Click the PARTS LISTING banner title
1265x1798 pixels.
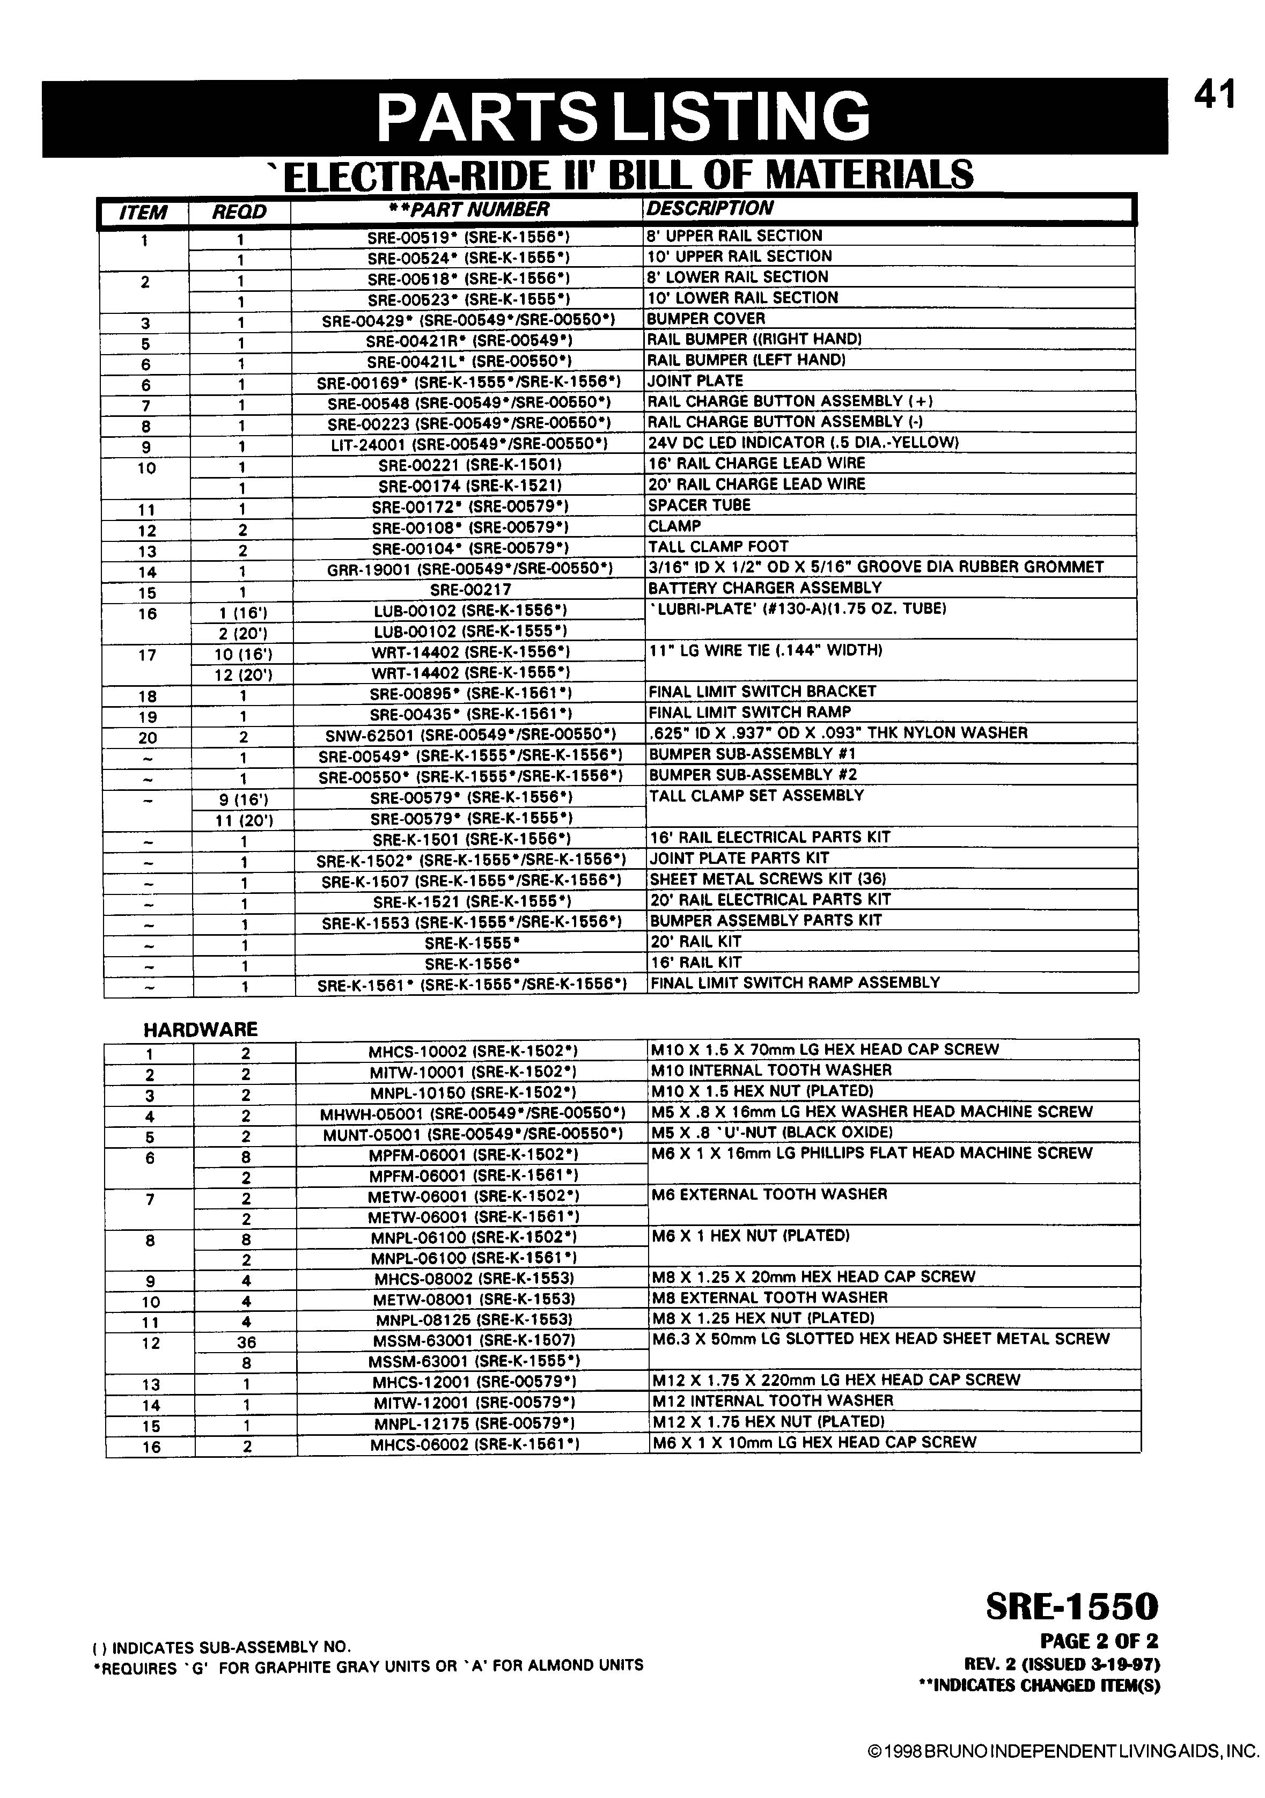(623, 116)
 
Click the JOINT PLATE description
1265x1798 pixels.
(694, 380)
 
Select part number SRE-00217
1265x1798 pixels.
(467, 589)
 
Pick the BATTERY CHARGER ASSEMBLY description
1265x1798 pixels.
(764, 588)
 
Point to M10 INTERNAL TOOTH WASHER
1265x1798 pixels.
(770, 1070)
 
